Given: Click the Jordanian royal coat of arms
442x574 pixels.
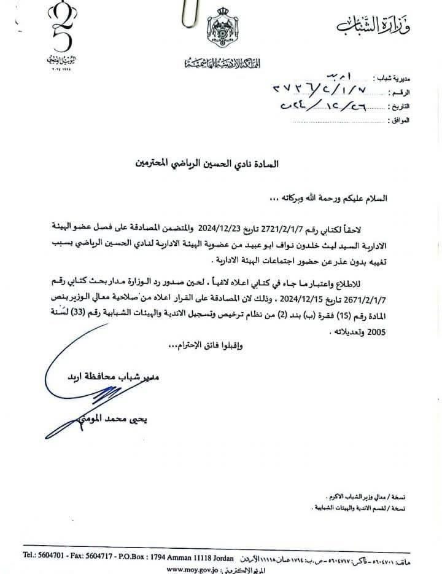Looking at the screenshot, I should point(220,30).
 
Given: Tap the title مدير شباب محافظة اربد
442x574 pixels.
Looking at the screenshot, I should point(116,375).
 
